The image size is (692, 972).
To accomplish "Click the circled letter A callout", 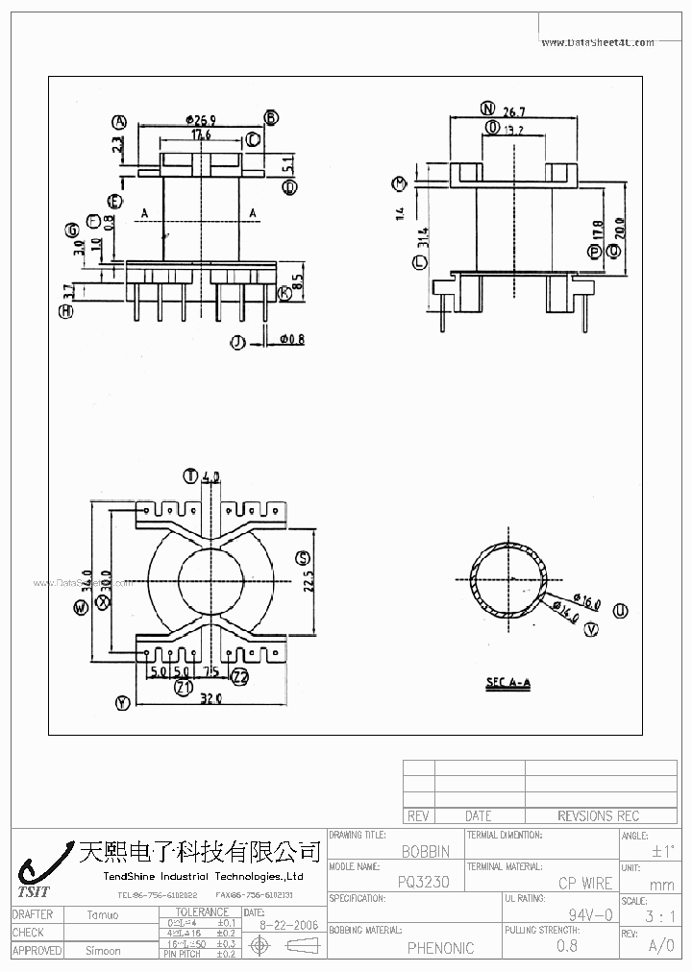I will (x=120, y=122).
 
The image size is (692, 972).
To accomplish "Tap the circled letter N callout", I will (x=487, y=109).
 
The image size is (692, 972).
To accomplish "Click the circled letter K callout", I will (x=284, y=293).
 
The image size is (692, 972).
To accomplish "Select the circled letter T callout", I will (x=190, y=475).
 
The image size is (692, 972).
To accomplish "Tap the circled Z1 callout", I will (x=184, y=688).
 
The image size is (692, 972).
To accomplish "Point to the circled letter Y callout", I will (x=122, y=703).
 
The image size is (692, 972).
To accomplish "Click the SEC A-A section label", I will (x=507, y=683).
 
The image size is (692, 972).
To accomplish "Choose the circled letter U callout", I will (x=621, y=610).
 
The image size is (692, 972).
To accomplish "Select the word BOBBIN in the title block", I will (x=426, y=851).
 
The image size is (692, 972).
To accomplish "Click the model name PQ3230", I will (x=423, y=883).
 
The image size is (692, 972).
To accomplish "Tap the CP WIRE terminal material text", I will (x=584, y=883).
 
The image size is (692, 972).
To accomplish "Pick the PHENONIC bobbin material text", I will (x=440, y=948).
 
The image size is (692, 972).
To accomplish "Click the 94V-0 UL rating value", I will (x=590, y=915).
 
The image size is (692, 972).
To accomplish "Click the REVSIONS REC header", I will (x=598, y=815).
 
